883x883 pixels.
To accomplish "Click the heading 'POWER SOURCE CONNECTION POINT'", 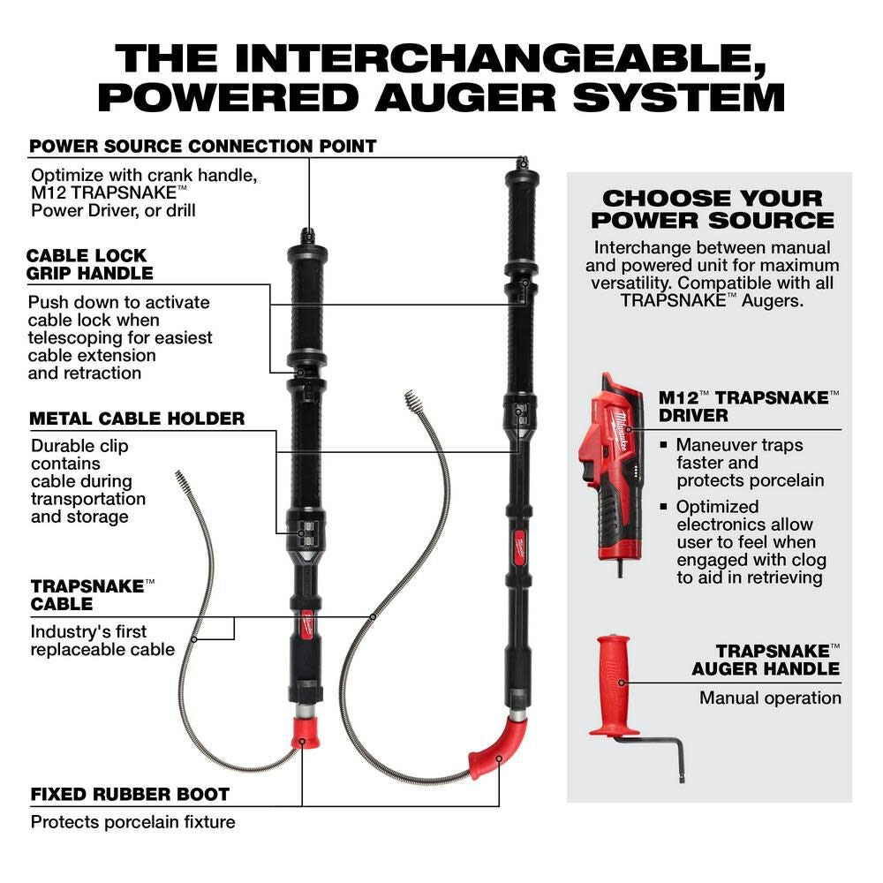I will click(x=203, y=146).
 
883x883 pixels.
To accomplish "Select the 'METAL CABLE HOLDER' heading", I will click(x=137, y=419).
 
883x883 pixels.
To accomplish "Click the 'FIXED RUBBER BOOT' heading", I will click(x=130, y=794).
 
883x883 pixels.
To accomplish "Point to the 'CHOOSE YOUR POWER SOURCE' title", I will click(x=712, y=209).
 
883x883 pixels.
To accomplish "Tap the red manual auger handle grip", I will click(x=614, y=683).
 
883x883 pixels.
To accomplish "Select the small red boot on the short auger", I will click(x=305, y=731).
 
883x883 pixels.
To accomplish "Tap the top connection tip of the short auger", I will click(x=307, y=236).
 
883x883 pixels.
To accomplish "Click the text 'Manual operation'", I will click(x=770, y=698).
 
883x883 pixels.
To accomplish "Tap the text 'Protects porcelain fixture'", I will click(x=133, y=822).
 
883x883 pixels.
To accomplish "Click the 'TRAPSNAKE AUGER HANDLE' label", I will click(x=765, y=659).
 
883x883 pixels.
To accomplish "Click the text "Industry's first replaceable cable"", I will click(x=102, y=640).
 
